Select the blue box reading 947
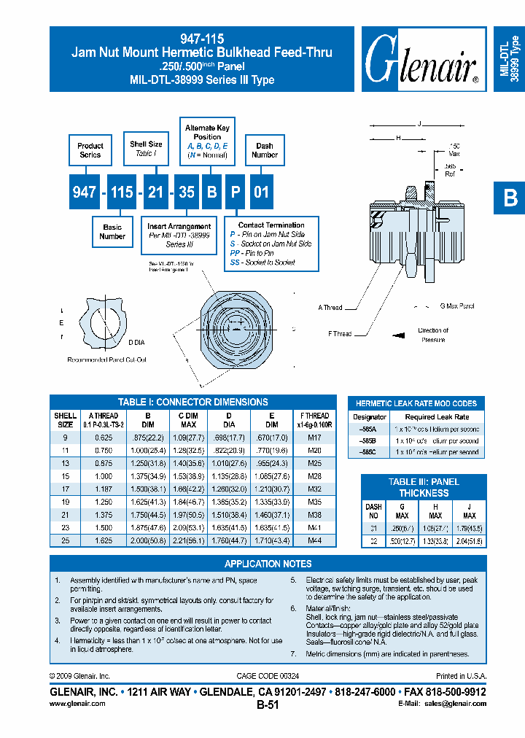tap(85, 192)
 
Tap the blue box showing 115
tap(122, 192)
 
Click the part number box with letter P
tap(235, 192)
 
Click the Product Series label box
tap(90, 150)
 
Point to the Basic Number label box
tap(112, 231)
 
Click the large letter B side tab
tap(510, 198)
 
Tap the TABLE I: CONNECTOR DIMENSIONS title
tap(193, 402)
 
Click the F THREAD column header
tap(314, 419)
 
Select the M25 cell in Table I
tap(314, 462)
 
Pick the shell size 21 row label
tap(65, 513)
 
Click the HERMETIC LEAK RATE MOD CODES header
tap(416, 403)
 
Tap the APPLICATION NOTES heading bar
tap(268, 564)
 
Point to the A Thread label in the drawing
tap(330, 307)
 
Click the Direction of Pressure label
tap(433, 335)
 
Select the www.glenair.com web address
tap(77, 703)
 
